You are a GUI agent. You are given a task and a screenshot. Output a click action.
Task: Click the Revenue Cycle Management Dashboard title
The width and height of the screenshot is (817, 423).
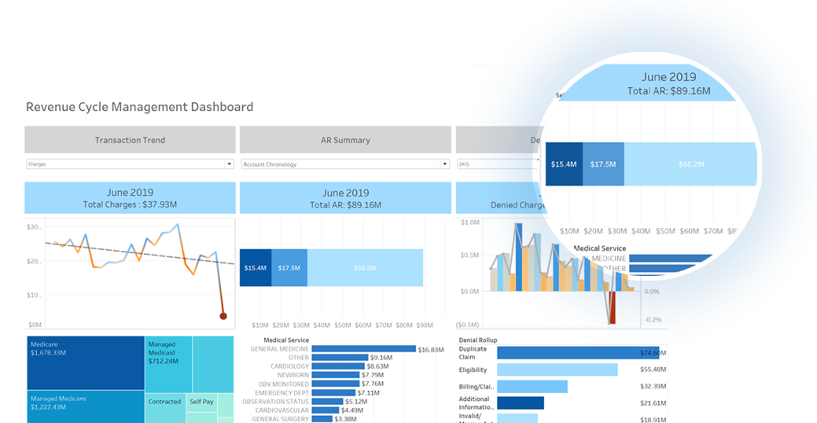pyautogui.click(x=139, y=107)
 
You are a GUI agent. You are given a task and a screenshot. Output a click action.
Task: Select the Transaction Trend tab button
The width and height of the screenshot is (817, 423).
pyautogui.click(x=130, y=140)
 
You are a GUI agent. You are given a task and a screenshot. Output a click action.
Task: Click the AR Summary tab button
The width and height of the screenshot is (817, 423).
pyautogui.click(x=345, y=140)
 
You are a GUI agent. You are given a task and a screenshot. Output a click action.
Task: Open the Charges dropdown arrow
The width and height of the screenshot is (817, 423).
pyautogui.click(x=230, y=164)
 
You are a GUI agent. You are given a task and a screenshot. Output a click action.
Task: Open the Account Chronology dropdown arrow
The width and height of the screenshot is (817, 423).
pyautogui.click(x=444, y=164)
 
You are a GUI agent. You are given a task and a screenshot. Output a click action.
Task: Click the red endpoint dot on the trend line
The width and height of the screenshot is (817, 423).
pyautogui.click(x=223, y=316)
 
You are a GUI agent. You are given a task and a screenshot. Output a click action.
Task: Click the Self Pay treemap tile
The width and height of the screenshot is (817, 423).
pyautogui.click(x=201, y=402)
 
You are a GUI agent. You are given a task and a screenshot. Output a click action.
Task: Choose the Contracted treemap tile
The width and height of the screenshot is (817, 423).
pyautogui.click(x=165, y=402)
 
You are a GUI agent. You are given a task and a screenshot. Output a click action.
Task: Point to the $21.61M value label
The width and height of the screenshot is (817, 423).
pyautogui.click(x=653, y=403)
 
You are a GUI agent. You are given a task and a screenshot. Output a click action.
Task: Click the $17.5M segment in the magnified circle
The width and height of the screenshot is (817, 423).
pyautogui.click(x=604, y=164)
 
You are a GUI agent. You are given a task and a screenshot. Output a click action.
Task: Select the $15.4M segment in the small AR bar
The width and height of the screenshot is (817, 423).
pyautogui.click(x=256, y=268)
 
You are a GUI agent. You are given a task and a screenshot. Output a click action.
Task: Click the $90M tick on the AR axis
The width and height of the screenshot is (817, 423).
pyautogui.click(x=424, y=325)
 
